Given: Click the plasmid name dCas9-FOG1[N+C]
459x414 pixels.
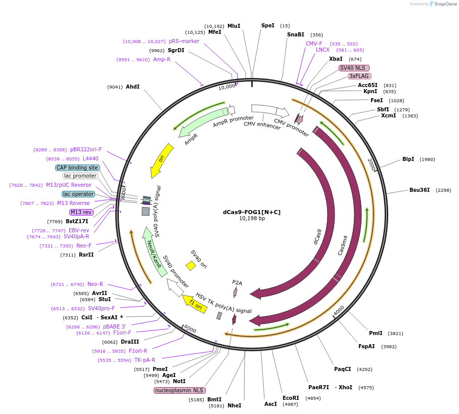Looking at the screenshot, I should pos(252,212).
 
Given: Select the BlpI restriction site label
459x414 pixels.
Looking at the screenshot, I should pos(408,159).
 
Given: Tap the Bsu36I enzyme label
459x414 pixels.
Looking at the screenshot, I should pos(419,190).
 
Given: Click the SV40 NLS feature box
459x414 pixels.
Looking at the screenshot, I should pos(354,68).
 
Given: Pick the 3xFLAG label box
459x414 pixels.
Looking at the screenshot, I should pos(359,76).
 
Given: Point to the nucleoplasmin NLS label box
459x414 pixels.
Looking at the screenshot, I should pos(179,390).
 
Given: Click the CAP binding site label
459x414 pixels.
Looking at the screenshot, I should pos(77,168).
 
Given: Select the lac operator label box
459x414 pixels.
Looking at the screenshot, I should pos(78,194).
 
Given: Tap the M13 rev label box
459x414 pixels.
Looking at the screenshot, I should pos(81,212).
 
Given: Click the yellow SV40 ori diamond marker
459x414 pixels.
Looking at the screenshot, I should pos(191,265).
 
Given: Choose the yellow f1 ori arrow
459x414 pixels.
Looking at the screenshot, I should pos(195,305).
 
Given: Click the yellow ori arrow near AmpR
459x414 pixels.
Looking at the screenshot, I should pos(162,160).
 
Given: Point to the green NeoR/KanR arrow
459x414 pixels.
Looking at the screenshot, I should pos(154,252).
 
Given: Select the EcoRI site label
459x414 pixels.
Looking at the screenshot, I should pos(291,398).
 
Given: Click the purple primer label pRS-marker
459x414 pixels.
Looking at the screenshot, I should pos(184,42).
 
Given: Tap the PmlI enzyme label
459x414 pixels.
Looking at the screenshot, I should pos(376,333).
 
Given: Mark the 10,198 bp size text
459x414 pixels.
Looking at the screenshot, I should pos(252,219).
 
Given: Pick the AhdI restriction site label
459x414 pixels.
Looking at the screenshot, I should pos(132,87).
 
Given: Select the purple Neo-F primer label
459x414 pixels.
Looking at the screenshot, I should pos(84,245).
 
